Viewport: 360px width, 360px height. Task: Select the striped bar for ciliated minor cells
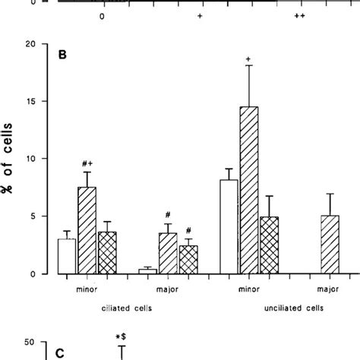coord(87,231)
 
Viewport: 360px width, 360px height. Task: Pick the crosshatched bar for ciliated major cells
coord(188,260)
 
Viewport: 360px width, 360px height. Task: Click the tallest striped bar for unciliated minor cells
coord(248,190)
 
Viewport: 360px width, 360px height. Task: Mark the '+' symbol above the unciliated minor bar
coord(248,60)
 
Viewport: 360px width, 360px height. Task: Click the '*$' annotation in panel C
coord(120,336)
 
